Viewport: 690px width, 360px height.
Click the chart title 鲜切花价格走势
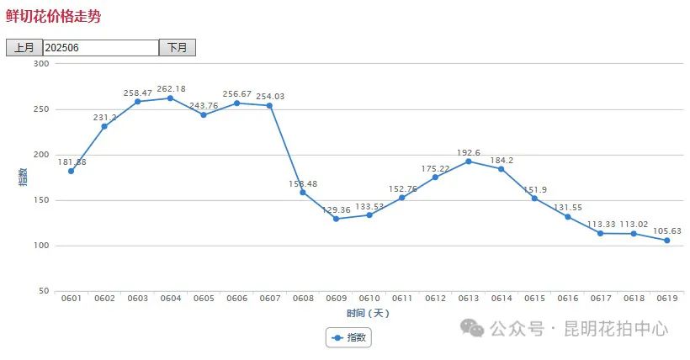click(x=52, y=16)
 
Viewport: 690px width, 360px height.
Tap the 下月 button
click(x=178, y=48)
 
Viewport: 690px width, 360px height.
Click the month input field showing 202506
click(x=100, y=48)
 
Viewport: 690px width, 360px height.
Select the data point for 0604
click(x=170, y=98)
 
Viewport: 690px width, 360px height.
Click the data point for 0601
click(x=72, y=171)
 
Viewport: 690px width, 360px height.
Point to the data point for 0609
click(x=336, y=219)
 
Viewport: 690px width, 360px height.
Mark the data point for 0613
click(x=469, y=161)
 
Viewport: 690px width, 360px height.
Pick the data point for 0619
click(x=666, y=241)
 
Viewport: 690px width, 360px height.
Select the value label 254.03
click(x=269, y=97)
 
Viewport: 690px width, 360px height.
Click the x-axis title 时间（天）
click(x=369, y=313)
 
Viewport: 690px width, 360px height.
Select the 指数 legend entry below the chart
click(x=348, y=337)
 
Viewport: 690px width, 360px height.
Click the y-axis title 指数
click(x=23, y=177)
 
